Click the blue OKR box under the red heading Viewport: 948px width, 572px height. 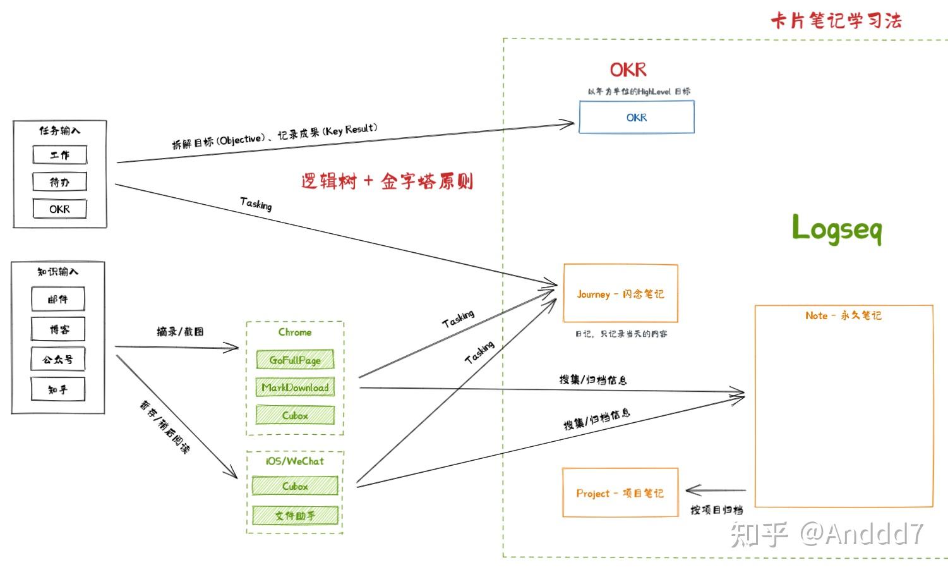point(636,118)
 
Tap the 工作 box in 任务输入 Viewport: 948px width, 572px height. point(60,155)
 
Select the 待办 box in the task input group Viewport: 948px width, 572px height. point(60,182)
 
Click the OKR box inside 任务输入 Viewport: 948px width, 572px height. point(60,209)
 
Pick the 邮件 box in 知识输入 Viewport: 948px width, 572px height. point(58,299)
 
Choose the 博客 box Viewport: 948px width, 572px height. point(58,329)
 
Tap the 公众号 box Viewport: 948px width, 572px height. point(58,359)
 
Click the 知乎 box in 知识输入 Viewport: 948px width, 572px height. point(58,389)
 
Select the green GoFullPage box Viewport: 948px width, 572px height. point(295,360)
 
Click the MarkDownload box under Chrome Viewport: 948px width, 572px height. point(295,387)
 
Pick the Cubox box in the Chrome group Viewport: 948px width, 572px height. point(295,415)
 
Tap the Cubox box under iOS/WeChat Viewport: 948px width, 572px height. point(295,486)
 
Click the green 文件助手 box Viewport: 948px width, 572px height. point(295,515)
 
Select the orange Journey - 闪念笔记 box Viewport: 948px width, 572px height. point(620,294)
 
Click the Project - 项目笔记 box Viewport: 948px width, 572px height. point(620,493)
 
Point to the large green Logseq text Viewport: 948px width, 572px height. point(836,228)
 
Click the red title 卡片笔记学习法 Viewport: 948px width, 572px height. point(836,21)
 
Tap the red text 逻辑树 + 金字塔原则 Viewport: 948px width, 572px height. point(387,182)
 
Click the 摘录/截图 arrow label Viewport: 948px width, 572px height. point(180,331)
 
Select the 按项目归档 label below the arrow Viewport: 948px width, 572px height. point(716,509)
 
